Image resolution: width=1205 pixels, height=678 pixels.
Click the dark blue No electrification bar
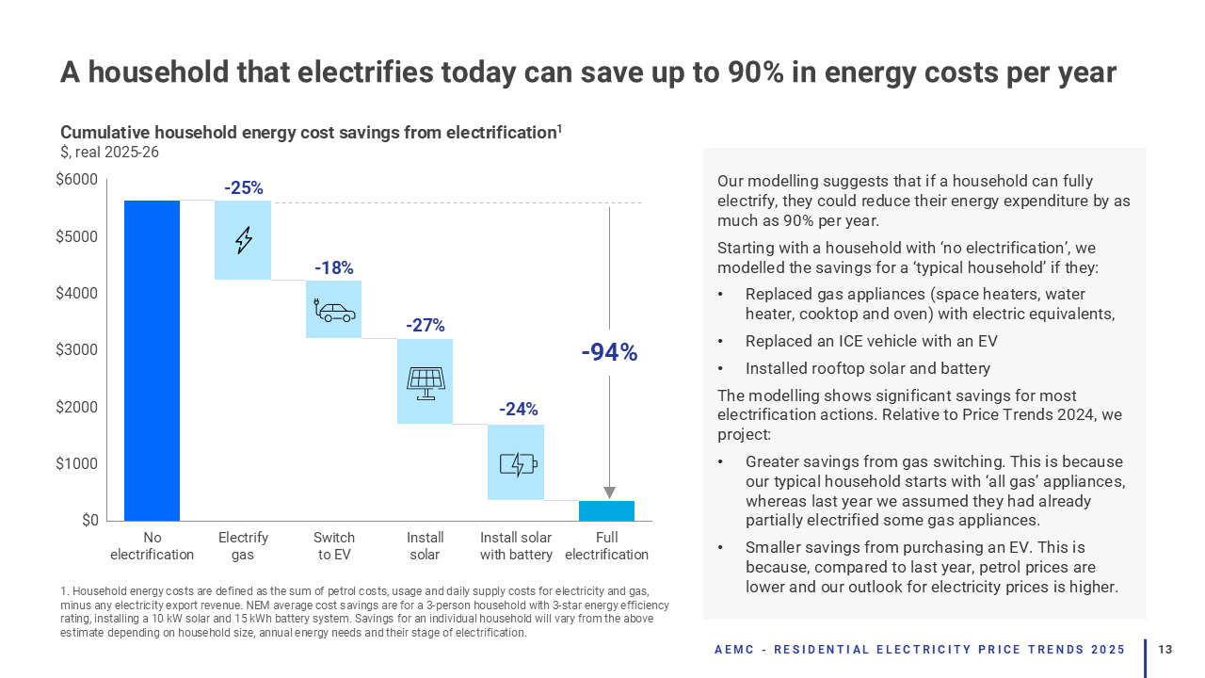[x=152, y=360]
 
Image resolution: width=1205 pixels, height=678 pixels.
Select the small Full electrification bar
[x=606, y=510]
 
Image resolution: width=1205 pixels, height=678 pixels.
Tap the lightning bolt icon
[x=243, y=240]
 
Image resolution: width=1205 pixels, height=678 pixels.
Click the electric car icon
[x=334, y=310]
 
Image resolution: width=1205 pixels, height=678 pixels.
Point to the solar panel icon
[x=426, y=382]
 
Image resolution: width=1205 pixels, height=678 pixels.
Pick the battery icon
[x=517, y=463]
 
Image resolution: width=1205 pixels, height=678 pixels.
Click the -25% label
[x=243, y=188]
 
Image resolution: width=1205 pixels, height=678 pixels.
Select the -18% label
[x=334, y=268]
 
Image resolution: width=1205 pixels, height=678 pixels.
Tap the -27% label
[x=426, y=326]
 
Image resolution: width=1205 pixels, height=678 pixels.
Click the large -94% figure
[x=609, y=353]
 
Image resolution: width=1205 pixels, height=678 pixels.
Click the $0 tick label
[x=88, y=521]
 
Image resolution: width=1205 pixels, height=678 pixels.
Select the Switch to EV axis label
[x=334, y=546]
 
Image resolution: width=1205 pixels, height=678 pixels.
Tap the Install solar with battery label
[x=516, y=546]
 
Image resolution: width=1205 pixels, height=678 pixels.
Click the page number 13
[x=1165, y=650]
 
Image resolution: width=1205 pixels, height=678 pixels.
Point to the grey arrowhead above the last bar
[x=609, y=492]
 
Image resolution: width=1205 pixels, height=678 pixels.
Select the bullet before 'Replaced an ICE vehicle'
[x=720, y=342]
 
